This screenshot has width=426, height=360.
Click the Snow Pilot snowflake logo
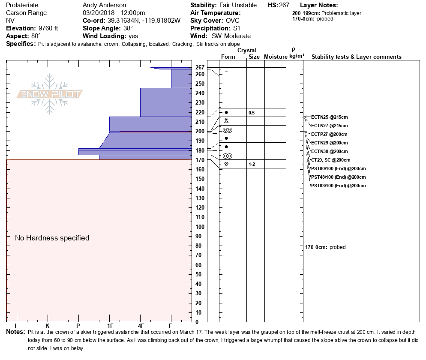click(49, 94)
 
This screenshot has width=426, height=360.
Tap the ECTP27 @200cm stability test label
click(329, 134)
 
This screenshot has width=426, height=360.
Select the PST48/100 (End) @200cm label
click(338, 177)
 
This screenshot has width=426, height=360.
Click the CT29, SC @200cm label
click(330, 160)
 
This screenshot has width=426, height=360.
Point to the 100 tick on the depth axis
click(200, 227)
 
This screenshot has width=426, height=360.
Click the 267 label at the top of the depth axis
click(200, 67)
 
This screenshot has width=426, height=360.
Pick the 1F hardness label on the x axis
click(110, 326)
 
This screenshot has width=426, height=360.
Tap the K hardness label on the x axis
click(47, 326)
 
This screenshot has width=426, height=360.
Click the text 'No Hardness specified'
click(52, 238)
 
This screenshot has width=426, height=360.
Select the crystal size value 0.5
click(252, 113)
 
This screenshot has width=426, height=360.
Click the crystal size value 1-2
click(252, 164)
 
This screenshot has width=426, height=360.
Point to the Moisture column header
click(276, 57)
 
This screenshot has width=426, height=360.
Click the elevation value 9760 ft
click(48, 28)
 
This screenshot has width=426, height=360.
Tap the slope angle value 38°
click(128, 28)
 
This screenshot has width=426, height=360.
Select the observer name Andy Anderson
click(104, 5)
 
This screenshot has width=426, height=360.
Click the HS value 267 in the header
click(284, 5)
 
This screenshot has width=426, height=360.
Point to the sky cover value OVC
click(233, 21)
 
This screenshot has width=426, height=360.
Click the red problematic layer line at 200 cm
click(156, 132)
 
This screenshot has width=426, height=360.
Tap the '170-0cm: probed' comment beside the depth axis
click(325, 247)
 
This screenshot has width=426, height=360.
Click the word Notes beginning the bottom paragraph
click(15, 332)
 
